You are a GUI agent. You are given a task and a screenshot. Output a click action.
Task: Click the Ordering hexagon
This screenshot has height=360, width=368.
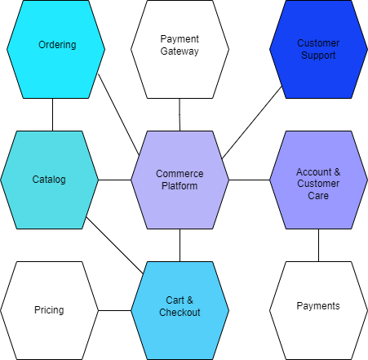(55, 49)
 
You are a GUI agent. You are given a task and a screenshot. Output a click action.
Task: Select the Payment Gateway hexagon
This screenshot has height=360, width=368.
(180, 49)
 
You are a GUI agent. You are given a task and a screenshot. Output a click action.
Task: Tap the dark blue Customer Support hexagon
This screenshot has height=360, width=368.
(318, 49)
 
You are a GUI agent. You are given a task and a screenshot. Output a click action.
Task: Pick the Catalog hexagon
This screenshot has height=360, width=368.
(49, 180)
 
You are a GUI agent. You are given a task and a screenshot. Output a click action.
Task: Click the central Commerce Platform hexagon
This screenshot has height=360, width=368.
(180, 180)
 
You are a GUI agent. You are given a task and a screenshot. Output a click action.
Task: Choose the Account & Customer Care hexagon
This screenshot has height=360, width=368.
(318, 180)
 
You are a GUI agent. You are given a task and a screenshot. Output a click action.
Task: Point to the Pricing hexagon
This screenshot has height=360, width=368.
(49, 310)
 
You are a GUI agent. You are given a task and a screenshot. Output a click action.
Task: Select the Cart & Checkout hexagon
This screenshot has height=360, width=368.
(180, 310)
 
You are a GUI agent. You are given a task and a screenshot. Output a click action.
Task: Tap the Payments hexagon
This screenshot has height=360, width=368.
(318, 310)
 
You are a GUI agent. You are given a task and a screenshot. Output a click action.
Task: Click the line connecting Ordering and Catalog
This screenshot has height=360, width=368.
(52, 114)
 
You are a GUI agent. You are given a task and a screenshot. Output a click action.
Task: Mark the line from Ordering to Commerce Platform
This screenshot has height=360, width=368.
(119, 114)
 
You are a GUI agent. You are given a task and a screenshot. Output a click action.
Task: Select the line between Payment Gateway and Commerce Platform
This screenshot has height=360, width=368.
(180, 114)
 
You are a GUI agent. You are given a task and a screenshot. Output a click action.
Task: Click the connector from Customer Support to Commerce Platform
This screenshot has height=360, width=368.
(252, 122)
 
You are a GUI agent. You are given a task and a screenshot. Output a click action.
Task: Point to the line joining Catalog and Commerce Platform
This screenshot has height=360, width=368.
(114, 180)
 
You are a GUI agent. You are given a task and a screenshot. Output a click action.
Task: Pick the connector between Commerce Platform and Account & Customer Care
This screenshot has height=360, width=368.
(249, 180)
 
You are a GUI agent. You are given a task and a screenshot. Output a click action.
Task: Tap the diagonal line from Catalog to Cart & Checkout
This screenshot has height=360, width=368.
(114, 245)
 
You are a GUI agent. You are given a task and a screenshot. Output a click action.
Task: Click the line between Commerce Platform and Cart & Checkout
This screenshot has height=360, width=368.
(180, 245)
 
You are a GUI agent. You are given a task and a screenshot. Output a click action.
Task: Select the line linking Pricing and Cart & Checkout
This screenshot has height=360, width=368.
(114, 310)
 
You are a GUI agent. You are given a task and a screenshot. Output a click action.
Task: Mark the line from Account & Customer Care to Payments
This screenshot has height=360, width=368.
(318, 245)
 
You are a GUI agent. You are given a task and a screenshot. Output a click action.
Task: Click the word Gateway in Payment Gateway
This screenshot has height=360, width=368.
(180, 51)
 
